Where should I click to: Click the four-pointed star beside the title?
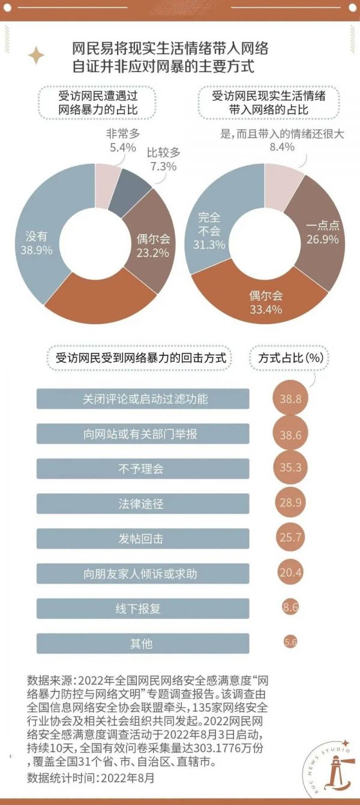(36, 56)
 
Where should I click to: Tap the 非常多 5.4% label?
(121, 140)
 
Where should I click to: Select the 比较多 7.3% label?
(162, 159)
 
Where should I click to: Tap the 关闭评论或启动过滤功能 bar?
(143, 399)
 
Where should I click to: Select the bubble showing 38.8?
(290, 399)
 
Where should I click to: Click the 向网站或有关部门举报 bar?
(143, 433)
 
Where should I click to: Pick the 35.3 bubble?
(290, 468)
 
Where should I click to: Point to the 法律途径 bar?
(143, 503)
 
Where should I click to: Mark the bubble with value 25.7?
(290, 538)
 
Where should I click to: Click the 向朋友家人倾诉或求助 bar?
(143, 573)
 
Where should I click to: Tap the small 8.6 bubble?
(290, 608)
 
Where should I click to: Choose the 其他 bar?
(143, 643)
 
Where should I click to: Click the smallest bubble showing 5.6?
(290, 642)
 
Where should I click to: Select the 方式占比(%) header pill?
(290, 358)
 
